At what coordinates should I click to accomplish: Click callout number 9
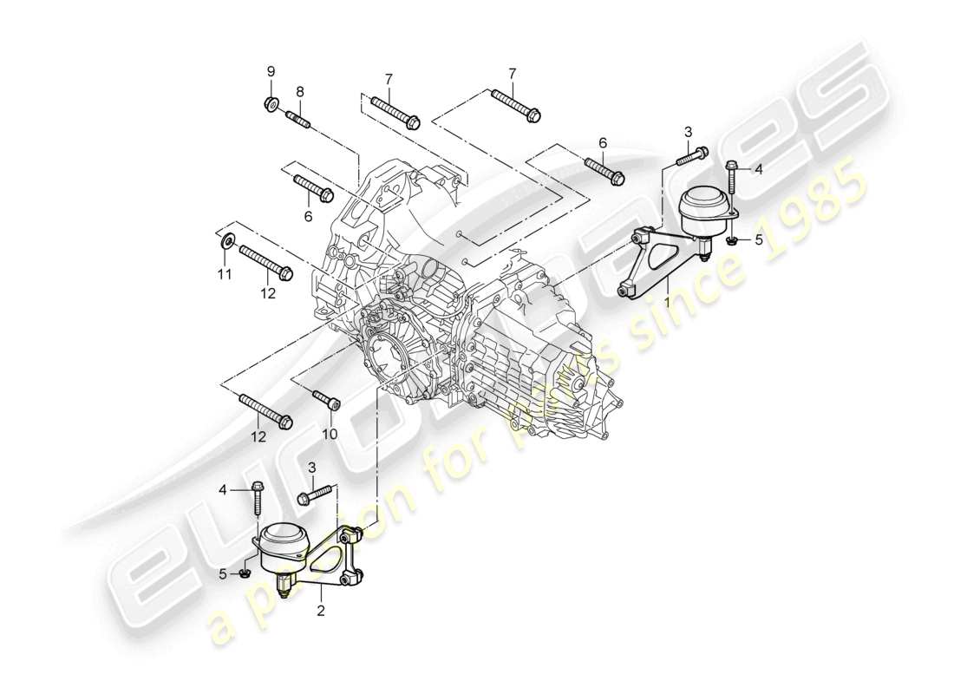(270, 70)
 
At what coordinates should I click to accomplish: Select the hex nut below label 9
(271, 106)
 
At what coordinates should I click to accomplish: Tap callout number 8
(300, 90)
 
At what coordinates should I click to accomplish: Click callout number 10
(329, 433)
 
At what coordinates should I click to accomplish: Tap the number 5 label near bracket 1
(758, 239)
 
